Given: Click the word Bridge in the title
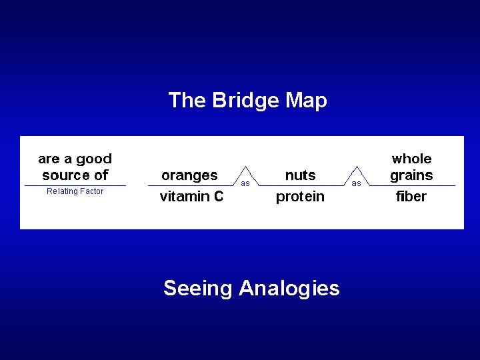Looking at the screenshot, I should pos(245,101).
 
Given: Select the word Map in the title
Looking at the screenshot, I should pos(306,101).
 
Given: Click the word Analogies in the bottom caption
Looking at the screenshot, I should pos(289,288).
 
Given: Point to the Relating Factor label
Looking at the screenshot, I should pos(75,191).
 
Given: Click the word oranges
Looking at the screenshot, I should pos(189,175).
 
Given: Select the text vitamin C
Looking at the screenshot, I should pos(191,197).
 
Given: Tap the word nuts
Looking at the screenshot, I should pos(300,175).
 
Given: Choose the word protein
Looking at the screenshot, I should pos(300,197).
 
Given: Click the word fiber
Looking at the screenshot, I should pos(411,197).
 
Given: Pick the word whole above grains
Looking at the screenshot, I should pos(411,159).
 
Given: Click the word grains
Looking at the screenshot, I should pos(411,175).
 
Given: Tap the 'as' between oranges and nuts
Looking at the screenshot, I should pos(245,183).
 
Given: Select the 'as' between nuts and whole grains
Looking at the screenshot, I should pos(356,183).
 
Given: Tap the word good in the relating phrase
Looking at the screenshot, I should pos(93,159).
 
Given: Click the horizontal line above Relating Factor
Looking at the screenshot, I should pos(75,185).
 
